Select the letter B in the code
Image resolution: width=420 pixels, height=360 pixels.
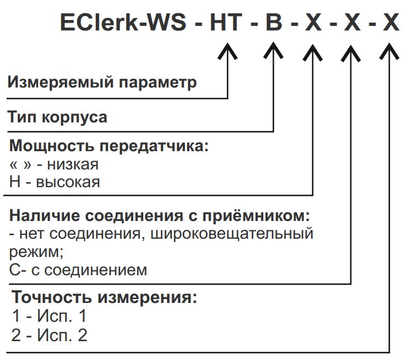pos(274,24)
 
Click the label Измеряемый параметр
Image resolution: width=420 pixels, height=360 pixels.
pos(102,83)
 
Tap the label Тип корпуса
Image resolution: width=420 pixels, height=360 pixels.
pos(58,117)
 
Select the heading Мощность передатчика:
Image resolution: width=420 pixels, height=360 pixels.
pos(110,147)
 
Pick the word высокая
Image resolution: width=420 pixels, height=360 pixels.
pos(68,182)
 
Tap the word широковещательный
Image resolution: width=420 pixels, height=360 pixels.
pos(238,233)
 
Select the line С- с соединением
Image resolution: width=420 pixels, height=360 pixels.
pos(79,270)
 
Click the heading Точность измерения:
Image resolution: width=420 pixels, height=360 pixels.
pos(105,297)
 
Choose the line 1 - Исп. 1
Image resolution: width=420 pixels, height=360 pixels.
pos(49,316)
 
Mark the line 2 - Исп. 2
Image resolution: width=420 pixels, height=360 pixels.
pos(49,335)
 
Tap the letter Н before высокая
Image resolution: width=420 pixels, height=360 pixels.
pos(15,182)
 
